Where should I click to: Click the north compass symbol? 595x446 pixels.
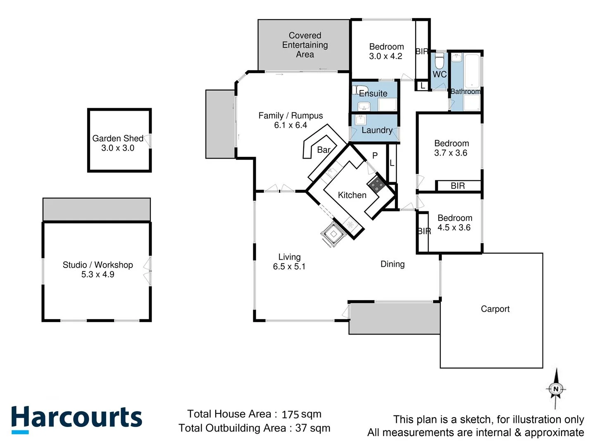(x=556, y=389)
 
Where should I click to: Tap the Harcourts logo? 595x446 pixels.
(x=76, y=418)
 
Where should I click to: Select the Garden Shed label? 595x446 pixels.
(x=118, y=138)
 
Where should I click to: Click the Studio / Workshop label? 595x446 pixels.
(x=98, y=265)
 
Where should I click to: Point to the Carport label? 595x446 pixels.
(x=495, y=309)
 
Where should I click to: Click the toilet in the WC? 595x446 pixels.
(x=439, y=61)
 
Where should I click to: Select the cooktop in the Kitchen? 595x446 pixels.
(x=377, y=185)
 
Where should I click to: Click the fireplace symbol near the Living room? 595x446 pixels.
(x=333, y=234)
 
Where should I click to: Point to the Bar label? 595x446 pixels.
(x=324, y=150)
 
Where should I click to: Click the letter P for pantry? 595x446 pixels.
(x=375, y=156)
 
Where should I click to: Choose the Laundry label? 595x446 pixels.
(x=377, y=130)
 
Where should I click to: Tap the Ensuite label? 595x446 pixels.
(x=373, y=93)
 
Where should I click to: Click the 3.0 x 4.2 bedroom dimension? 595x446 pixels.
(x=386, y=56)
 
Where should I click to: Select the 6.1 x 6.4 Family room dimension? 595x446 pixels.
(x=290, y=125)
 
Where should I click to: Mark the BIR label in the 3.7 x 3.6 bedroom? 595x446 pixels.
(x=458, y=186)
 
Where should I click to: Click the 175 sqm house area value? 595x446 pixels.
(x=301, y=414)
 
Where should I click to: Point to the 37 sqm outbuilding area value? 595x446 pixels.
(x=313, y=428)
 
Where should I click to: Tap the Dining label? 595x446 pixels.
(x=393, y=264)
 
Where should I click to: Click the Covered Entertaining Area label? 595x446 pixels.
(x=305, y=45)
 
